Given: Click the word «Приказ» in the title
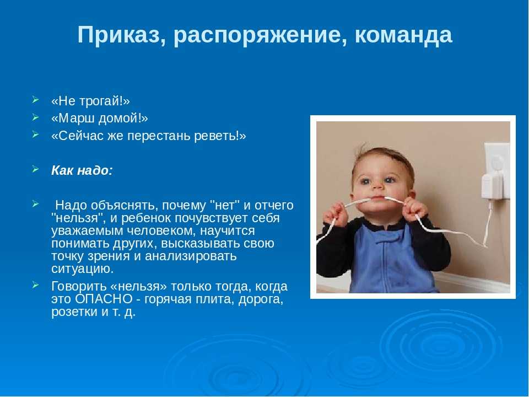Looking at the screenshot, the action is [118, 35].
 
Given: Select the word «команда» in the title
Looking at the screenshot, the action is [403, 35].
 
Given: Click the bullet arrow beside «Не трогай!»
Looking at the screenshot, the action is [36, 100].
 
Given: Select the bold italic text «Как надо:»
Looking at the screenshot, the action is [82, 170].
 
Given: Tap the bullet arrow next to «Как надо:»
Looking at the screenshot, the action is [36, 169].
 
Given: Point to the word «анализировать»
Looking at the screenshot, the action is [191, 256].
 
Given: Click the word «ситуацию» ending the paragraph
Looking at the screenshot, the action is [83, 269].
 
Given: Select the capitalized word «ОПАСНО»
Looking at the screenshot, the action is [104, 299].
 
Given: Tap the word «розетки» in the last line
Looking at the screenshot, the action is [74, 312].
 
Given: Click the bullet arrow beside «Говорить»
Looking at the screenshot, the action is [36, 285].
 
